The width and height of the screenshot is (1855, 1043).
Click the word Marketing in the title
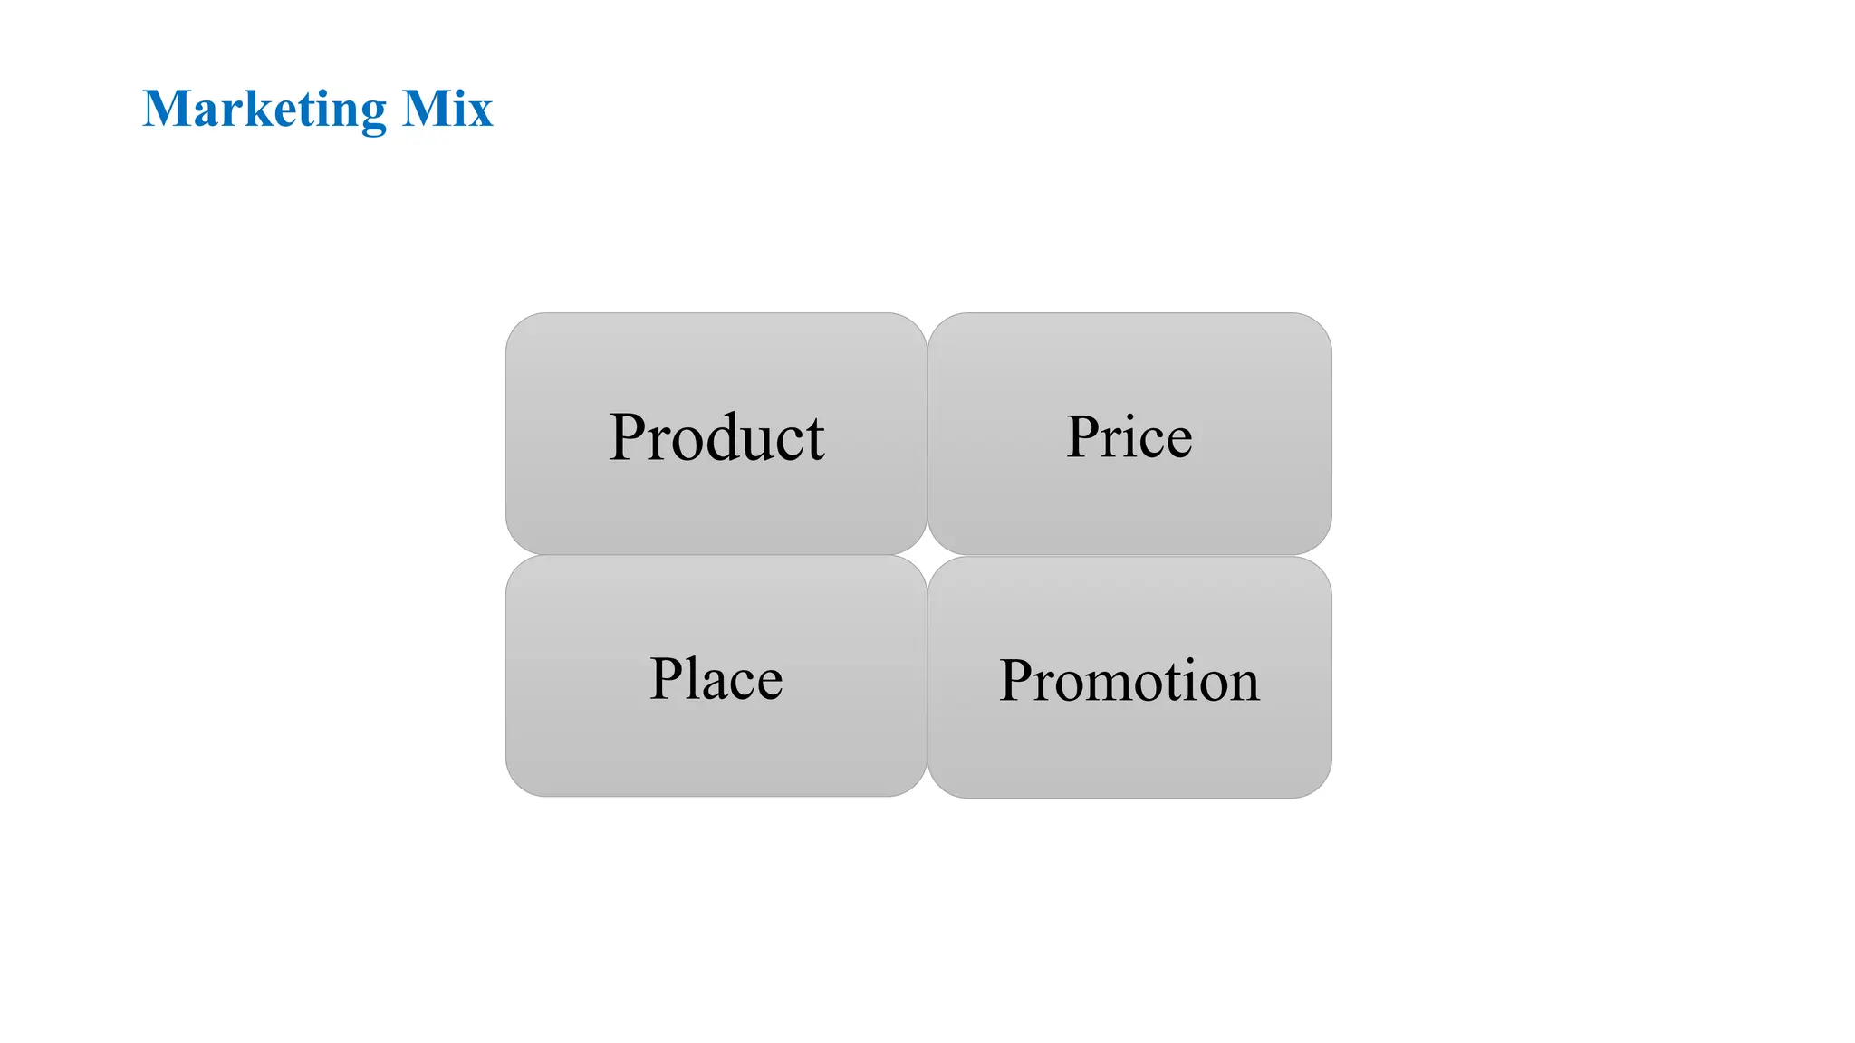coord(265,110)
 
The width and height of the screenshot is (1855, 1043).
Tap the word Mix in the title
coord(447,110)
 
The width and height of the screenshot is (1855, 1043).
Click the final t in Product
coord(814,440)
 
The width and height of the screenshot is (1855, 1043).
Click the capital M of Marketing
coord(168,110)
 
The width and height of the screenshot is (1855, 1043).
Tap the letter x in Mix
coord(478,115)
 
